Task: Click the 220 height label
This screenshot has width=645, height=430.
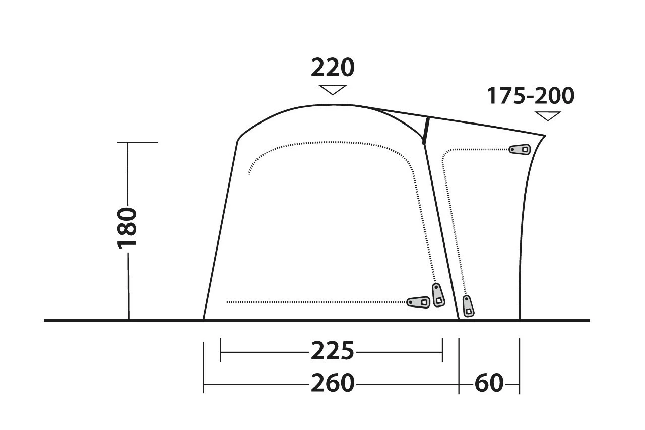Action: point(333,68)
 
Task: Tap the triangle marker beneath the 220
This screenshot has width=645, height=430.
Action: point(333,89)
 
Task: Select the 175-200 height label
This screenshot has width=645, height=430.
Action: point(531,96)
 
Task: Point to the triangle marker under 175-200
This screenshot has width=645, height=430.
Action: point(548,116)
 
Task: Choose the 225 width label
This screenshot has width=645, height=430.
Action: point(333,351)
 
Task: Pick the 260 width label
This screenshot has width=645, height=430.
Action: point(333,383)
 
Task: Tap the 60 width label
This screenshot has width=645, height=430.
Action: point(489,383)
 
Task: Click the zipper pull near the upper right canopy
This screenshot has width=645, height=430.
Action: point(520,149)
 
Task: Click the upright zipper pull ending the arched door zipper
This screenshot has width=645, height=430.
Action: point(438,294)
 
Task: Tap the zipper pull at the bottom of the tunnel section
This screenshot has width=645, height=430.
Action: point(468,305)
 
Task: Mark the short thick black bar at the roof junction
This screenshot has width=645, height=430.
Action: point(426,130)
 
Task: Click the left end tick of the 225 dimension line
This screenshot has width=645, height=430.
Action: point(221,351)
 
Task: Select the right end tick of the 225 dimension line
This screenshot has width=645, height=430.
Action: point(442,351)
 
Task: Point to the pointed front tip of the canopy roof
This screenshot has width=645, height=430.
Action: point(545,135)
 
